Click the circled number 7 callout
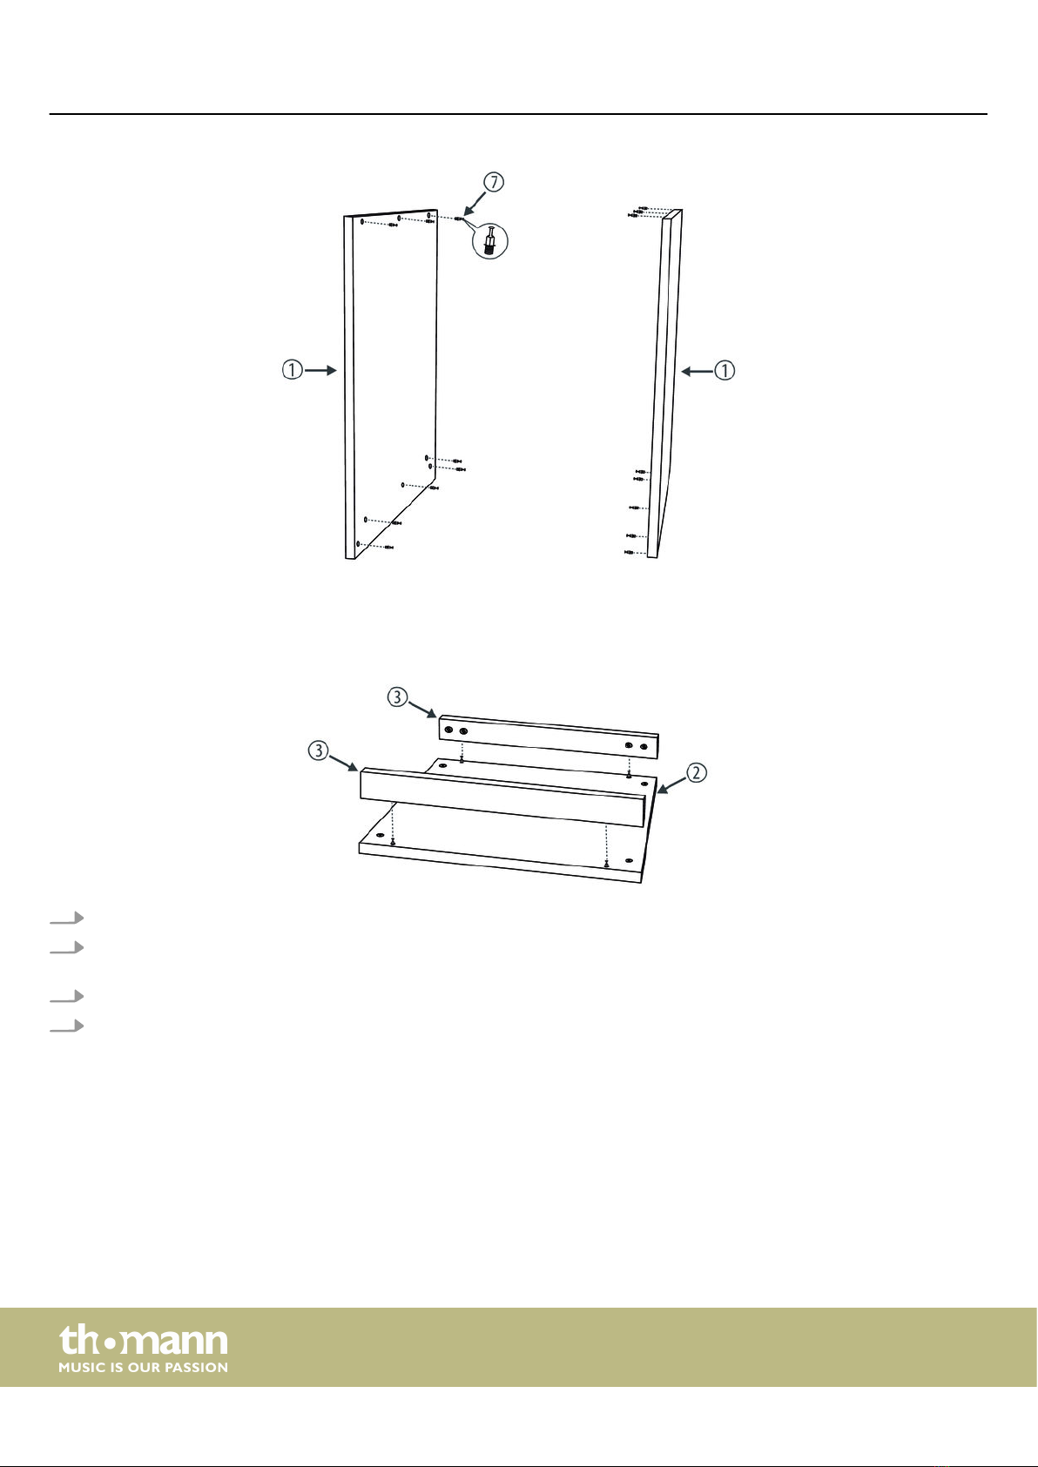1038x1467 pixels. point(494,182)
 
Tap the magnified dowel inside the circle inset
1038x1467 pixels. point(489,240)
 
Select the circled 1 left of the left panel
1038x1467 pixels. point(292,370)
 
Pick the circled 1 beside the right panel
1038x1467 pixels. point(725,371)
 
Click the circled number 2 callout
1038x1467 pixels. point(696,773)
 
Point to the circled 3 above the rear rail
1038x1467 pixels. point(397,696)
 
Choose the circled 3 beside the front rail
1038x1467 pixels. point(318,750)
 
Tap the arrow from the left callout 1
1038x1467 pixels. point(320,371)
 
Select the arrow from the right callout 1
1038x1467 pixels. point(697,372)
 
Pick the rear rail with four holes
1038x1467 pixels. point(548,737)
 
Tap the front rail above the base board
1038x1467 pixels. point(503,797)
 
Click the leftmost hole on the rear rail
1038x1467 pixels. point(448,730)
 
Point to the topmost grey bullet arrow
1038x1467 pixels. point(67,918)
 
